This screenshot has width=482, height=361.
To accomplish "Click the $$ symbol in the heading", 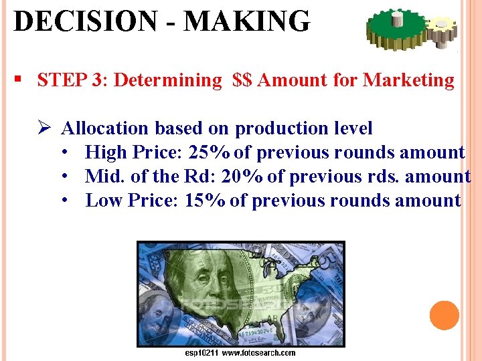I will (242, 80).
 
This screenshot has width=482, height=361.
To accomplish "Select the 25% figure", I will (210, 152).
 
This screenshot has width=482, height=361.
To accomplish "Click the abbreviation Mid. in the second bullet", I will (101, 176).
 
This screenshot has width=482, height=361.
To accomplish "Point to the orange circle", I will (445, 316).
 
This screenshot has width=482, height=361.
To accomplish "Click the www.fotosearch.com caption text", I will (258, 353).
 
